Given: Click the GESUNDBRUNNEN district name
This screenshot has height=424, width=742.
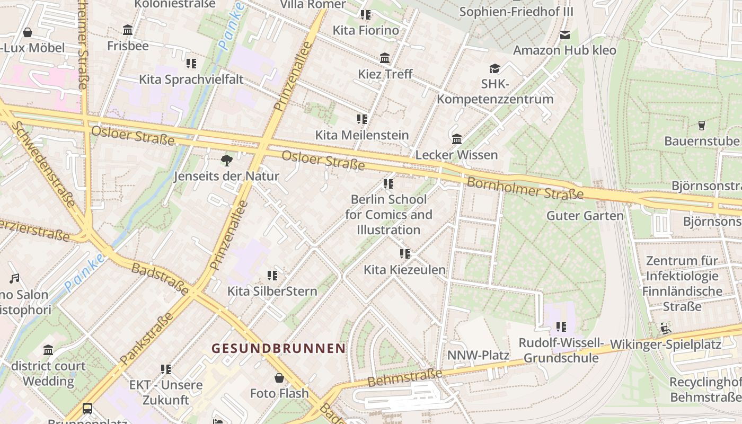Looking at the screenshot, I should coord(279,348).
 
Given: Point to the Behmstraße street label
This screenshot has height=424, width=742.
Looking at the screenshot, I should coord(404,378).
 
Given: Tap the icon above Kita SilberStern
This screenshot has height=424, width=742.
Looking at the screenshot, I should coord(272,276).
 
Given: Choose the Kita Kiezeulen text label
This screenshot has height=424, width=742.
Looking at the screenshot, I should coord(404,270).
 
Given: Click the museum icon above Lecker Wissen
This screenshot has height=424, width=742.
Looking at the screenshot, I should coord(457,139).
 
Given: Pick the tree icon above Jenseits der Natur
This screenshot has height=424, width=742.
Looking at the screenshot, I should coord(227,160).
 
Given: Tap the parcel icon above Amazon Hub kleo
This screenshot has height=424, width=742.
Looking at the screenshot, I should coord(565,35).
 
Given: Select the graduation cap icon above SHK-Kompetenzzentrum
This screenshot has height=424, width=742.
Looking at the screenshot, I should coord(494,68).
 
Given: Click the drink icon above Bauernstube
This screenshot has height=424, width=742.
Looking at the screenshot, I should coord(702,126).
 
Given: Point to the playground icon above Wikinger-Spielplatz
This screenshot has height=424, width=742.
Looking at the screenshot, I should coord(666,329).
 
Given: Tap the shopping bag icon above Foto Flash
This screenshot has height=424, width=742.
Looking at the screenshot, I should coord(279,378).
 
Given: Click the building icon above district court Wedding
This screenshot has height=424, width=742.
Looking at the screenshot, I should coord(49,350).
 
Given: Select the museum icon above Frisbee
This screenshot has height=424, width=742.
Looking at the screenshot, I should coord(128,30).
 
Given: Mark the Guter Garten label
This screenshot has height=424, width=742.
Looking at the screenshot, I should coord(585,216).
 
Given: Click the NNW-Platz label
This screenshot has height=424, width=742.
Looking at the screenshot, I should coord(478,355).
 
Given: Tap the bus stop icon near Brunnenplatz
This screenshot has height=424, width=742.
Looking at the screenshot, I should coord(87,409).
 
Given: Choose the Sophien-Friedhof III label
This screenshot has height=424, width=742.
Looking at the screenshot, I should coord(516,12).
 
